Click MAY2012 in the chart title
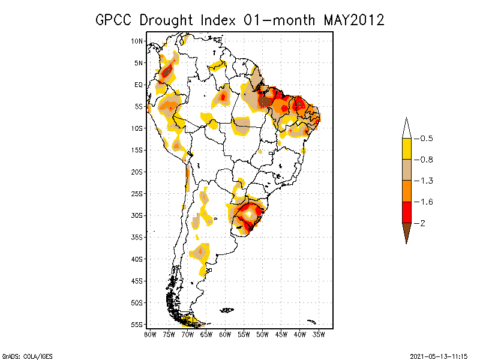click(x=353, y=20)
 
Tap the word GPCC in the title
click(x=115, y=20)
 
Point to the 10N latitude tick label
click(x=137, y=41)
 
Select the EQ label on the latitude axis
click(x=139, y=85)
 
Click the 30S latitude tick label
click(x=137, y=215)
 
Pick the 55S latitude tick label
click(x=137, y=325)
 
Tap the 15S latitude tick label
click(x=137, y=150)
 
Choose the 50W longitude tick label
click(x=262, y=334)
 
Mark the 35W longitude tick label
click(x=319, y=334)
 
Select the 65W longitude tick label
click(x=206, y=334)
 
